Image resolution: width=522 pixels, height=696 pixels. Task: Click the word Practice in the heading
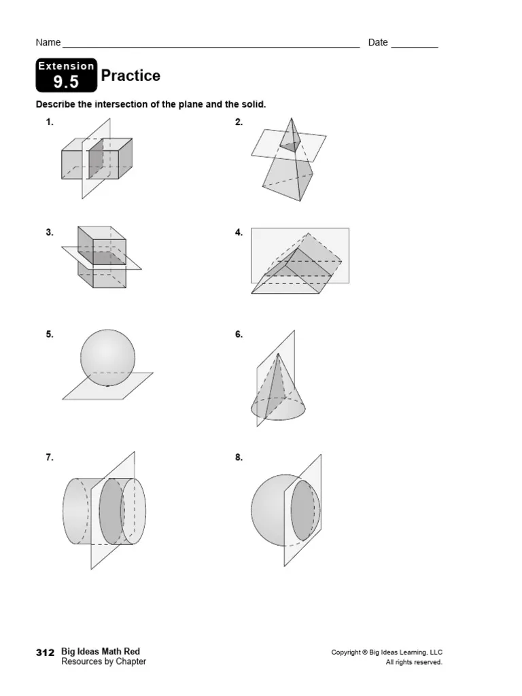click(130, 75)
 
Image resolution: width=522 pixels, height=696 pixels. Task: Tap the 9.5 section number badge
click(66, 83)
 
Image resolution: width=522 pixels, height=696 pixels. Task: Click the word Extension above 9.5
click(66, 66)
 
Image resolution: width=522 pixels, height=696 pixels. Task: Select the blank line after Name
click(211, 44)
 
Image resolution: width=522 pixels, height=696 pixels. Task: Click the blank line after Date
click(415, 44)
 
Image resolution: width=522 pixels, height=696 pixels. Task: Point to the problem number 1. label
click(50, 122)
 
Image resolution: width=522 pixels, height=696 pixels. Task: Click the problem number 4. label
click(239, 232)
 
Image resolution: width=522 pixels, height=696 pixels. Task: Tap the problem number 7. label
click(50, 457)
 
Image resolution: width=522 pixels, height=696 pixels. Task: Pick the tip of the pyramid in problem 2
click(292, 119)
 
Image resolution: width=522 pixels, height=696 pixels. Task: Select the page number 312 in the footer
click(45, 652)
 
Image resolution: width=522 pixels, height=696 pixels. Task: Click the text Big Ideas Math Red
click(101, 652)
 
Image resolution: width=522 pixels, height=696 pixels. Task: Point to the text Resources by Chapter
click(103, 661)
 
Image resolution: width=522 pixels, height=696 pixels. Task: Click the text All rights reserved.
click(414, 662)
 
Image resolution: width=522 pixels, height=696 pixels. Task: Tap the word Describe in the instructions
click(54, 105)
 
